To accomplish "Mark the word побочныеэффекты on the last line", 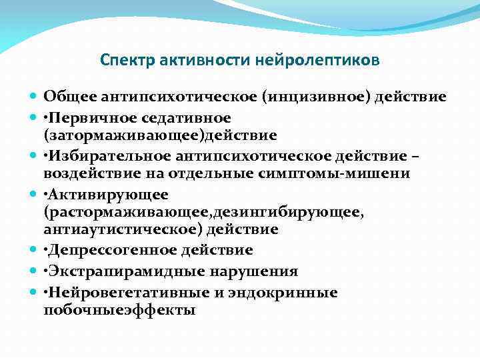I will click(x=119, y=310).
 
